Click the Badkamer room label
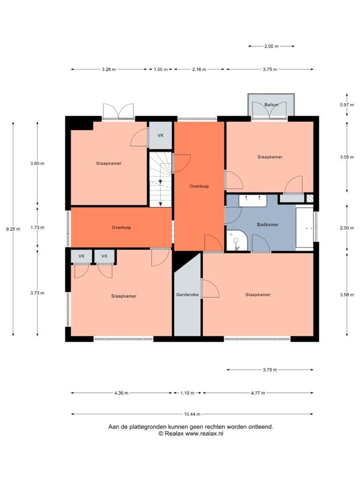[268, 225]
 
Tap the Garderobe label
[187, 295]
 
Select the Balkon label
[271, 105]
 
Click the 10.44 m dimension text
[192, 414]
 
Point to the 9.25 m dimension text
[13, 229]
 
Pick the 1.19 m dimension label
[187, 393]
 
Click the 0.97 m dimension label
[347, 105]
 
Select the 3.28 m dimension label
[109, 69]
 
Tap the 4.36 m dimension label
[121, 393]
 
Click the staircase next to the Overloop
[160, 180]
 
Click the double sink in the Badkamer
[253, 201]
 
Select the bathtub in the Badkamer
[305, 227]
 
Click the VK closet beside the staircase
[160, 135]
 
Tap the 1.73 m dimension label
[37, 228]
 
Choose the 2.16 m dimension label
[199, 69]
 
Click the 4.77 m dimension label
[258, 393]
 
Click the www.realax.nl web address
[204, 434]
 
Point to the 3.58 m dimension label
[347, 295]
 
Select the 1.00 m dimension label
[160, 69]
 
